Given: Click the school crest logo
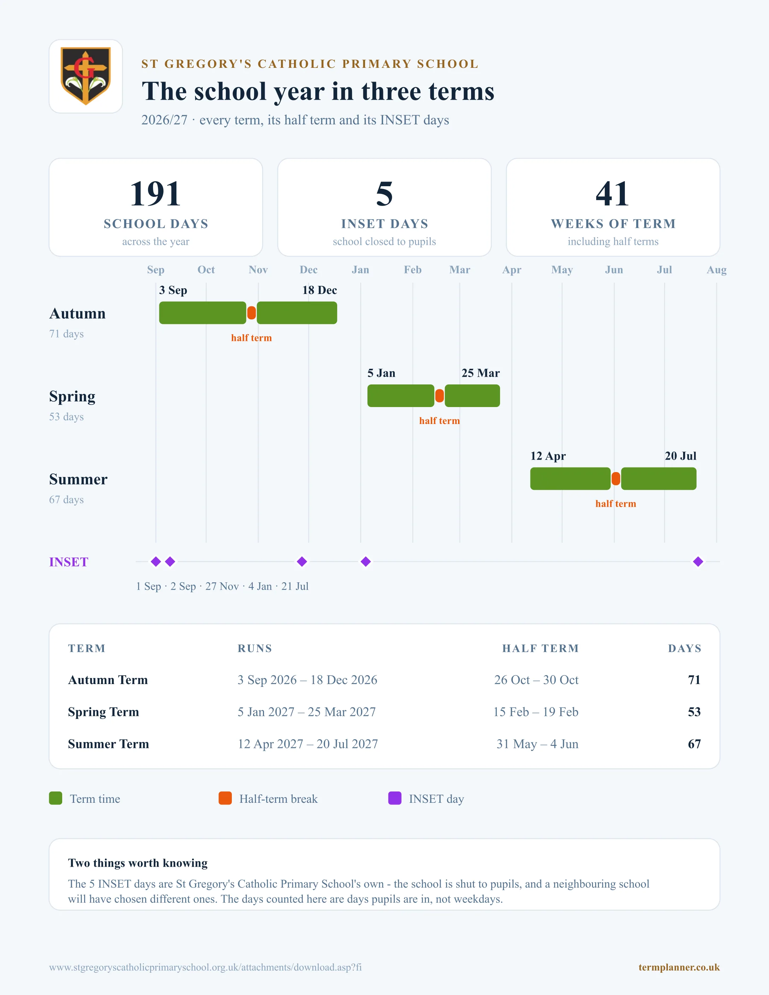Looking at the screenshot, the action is (x=86, y=76).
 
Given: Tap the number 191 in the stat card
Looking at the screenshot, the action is (x=155, y=194).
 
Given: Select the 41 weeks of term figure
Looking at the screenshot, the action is (x=613, y=194).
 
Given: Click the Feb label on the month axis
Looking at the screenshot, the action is (x=413, y=270).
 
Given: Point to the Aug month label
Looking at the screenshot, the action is (x=717, y=270).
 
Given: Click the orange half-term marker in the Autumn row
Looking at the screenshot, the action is (x=252, y=313).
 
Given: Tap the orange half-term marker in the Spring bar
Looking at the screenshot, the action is (x=440, y=396).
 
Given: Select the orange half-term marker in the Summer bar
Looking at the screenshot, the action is (x=616, y=479).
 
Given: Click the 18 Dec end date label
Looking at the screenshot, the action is (x=319, y=290).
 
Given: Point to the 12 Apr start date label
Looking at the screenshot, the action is (x=548, y=456).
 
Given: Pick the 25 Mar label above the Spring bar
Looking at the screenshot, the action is (x=481, y=373).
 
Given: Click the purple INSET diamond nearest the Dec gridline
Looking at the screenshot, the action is (x=302, y=562).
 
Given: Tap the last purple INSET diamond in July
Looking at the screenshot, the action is (x=698, y=562).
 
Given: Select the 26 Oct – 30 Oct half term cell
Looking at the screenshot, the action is (x=536, y=680).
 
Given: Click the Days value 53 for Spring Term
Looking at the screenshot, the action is (x=694, y=712).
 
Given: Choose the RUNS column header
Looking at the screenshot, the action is (x=255, y=648).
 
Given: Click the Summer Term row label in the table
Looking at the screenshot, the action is (x=108, y=744).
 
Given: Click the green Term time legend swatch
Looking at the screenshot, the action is (x=55, y=798).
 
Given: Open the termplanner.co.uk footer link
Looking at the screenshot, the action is (x=679, y=967).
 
